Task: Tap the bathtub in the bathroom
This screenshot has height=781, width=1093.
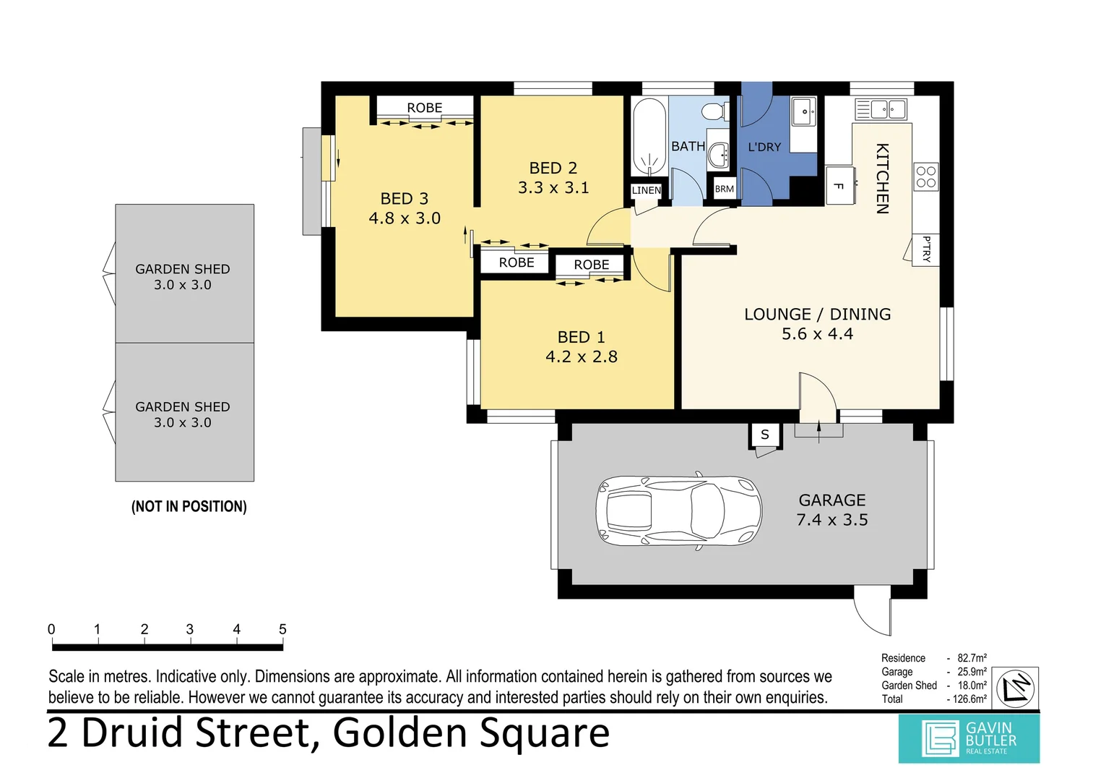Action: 649,136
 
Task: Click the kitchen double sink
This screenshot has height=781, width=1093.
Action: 881,109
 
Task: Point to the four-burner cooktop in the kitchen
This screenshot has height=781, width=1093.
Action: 925,176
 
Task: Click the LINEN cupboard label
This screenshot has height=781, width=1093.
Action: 646,190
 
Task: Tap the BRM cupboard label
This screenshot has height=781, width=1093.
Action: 724,189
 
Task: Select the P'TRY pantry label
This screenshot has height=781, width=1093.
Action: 926,249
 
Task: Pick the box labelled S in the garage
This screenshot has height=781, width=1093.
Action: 764,435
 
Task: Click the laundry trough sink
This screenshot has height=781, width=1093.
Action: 803,112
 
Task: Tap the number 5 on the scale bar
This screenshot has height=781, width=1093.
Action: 282,629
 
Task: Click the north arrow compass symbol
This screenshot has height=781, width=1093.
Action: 1016,688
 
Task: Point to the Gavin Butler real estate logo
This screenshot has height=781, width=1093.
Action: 969,738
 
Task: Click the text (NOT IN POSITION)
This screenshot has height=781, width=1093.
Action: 189,506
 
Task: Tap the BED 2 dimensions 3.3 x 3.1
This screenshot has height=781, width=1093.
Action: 553,188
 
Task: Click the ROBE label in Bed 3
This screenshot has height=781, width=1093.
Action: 424,108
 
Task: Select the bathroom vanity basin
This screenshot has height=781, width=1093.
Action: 718,154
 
